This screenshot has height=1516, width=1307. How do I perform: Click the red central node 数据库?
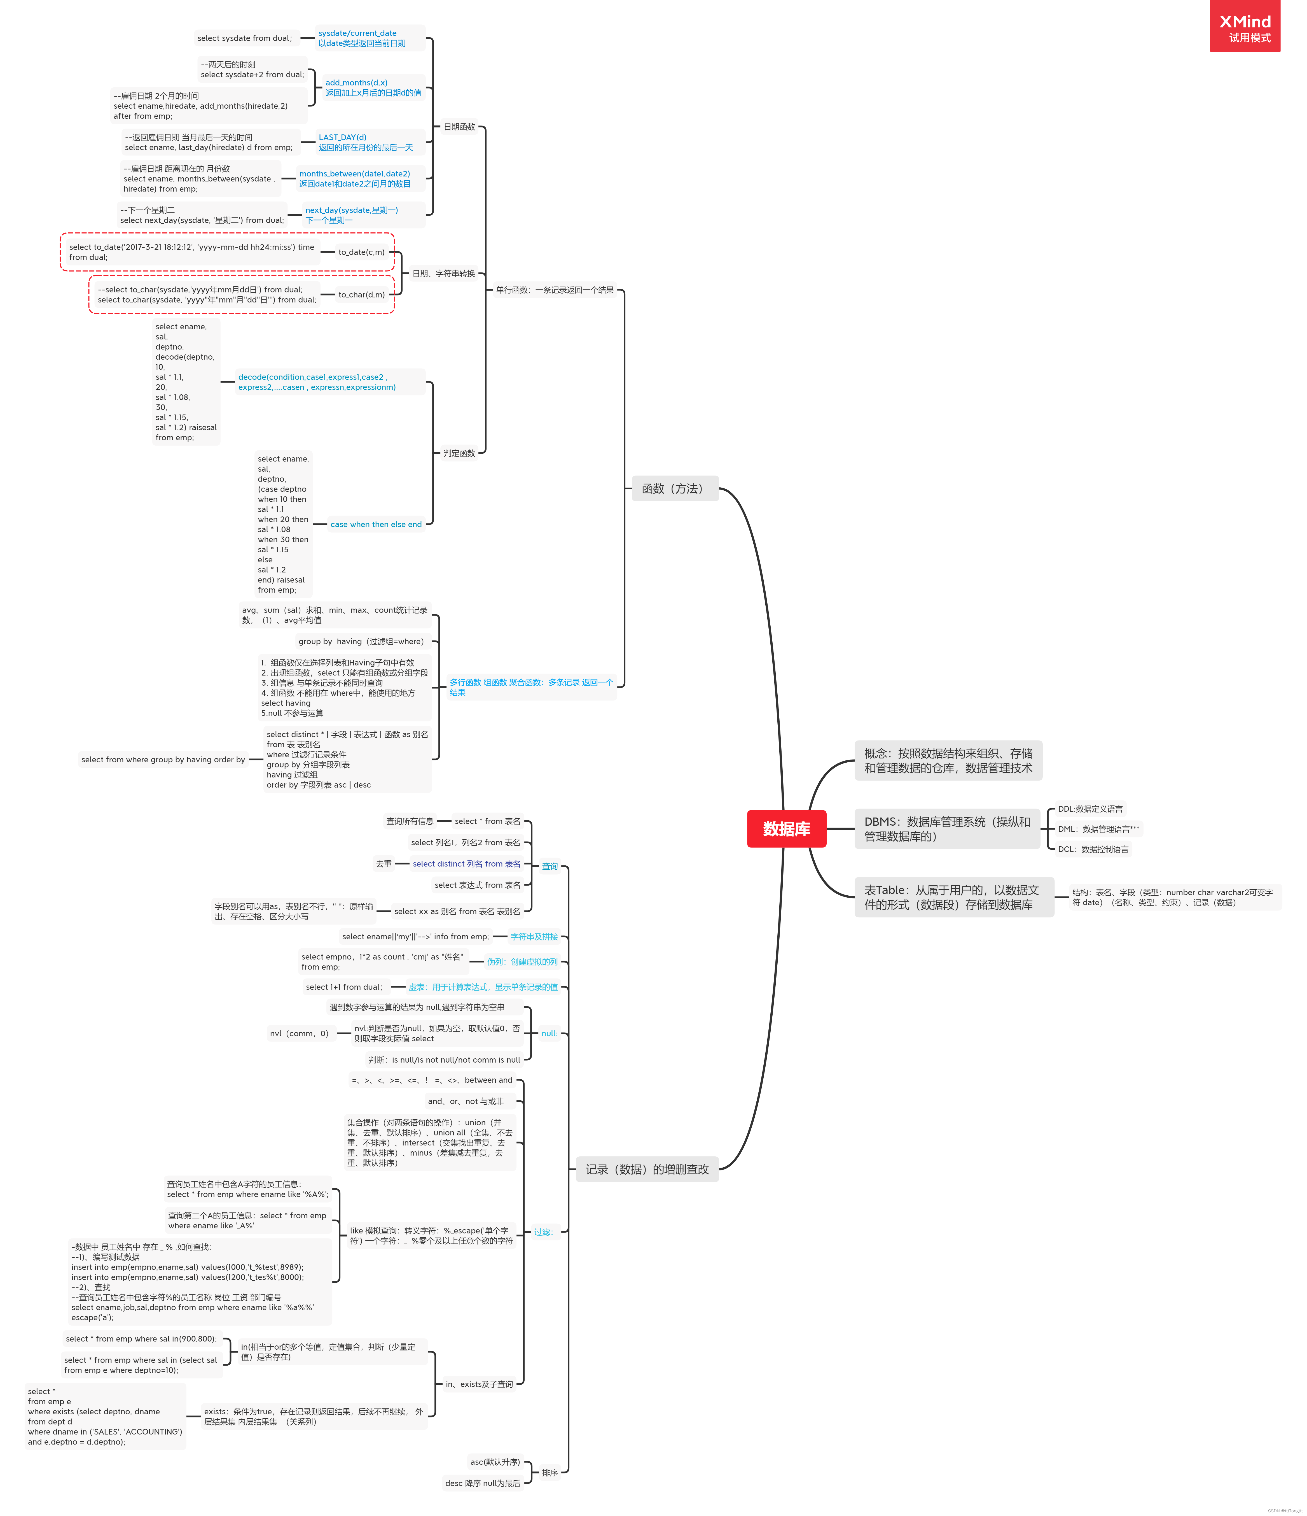point(786,829)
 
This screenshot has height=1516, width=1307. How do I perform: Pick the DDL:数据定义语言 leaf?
point(1090,809)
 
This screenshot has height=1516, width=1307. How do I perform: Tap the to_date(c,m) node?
point(361,252)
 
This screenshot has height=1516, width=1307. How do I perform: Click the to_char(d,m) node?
point(361,295)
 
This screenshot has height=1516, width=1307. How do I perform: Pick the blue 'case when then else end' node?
point(376,525)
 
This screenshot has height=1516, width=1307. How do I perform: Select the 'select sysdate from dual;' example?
point(244,38)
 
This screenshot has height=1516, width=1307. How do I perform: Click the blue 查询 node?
point(549,866)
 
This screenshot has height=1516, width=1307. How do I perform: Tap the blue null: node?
point(549,1034)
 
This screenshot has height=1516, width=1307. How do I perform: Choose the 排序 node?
point(549,1473)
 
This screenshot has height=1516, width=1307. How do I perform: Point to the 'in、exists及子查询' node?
point(479,1384)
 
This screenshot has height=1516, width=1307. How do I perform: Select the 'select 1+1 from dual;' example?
point(344,987)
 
